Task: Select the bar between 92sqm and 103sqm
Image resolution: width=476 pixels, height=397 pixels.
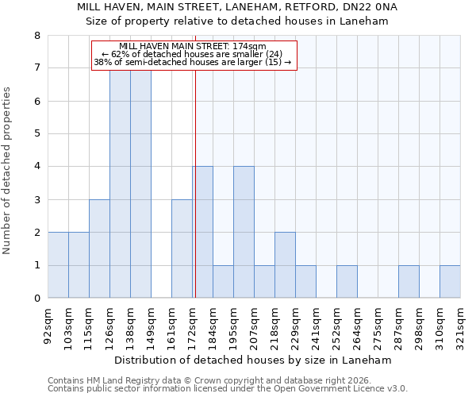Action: tap(58, 265)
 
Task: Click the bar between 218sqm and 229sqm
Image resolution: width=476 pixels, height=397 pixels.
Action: tap(285, 265)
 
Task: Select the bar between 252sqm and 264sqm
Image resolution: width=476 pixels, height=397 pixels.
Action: tap(347, 282)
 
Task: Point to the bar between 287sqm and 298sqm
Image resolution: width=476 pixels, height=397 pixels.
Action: tap(409, 282)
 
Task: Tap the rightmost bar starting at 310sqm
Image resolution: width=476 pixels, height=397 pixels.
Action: tap(450, 282)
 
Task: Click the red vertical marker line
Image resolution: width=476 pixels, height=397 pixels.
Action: tap(195, 198)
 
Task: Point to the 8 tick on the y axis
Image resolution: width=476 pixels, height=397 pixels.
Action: tap(36, 36)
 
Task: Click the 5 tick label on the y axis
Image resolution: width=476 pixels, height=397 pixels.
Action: tap(36, 134)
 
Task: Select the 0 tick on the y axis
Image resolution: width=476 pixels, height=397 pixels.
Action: tap(36, 299)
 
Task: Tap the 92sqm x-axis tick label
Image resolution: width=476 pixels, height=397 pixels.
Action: tap(48, 322)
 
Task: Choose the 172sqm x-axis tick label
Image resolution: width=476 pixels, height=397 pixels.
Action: tap(193, 322)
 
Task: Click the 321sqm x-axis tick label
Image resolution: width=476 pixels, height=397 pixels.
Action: tap(461, 322)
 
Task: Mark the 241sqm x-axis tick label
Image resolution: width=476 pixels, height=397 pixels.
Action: tap(317, 322)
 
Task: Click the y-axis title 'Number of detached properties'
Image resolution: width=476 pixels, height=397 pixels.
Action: tap(8, 172)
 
